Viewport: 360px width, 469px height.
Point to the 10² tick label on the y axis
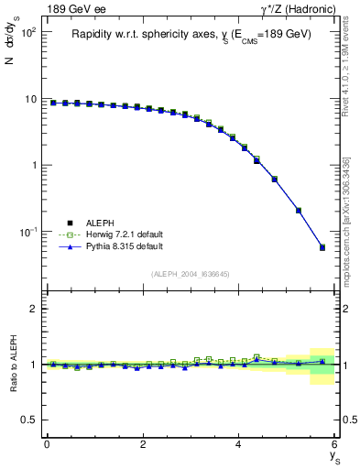pyautogui.click(x=27, y=33)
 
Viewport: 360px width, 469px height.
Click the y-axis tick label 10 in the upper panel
pyautogui.click(x=29, y=99)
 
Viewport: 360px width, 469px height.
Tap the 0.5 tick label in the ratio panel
pyautogui.click(x=27, y=420)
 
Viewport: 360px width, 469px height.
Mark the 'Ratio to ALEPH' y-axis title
pyautogui.click(x=12, y=364)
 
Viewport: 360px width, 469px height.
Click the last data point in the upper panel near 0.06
pyautogui.click(x=322, y=247)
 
